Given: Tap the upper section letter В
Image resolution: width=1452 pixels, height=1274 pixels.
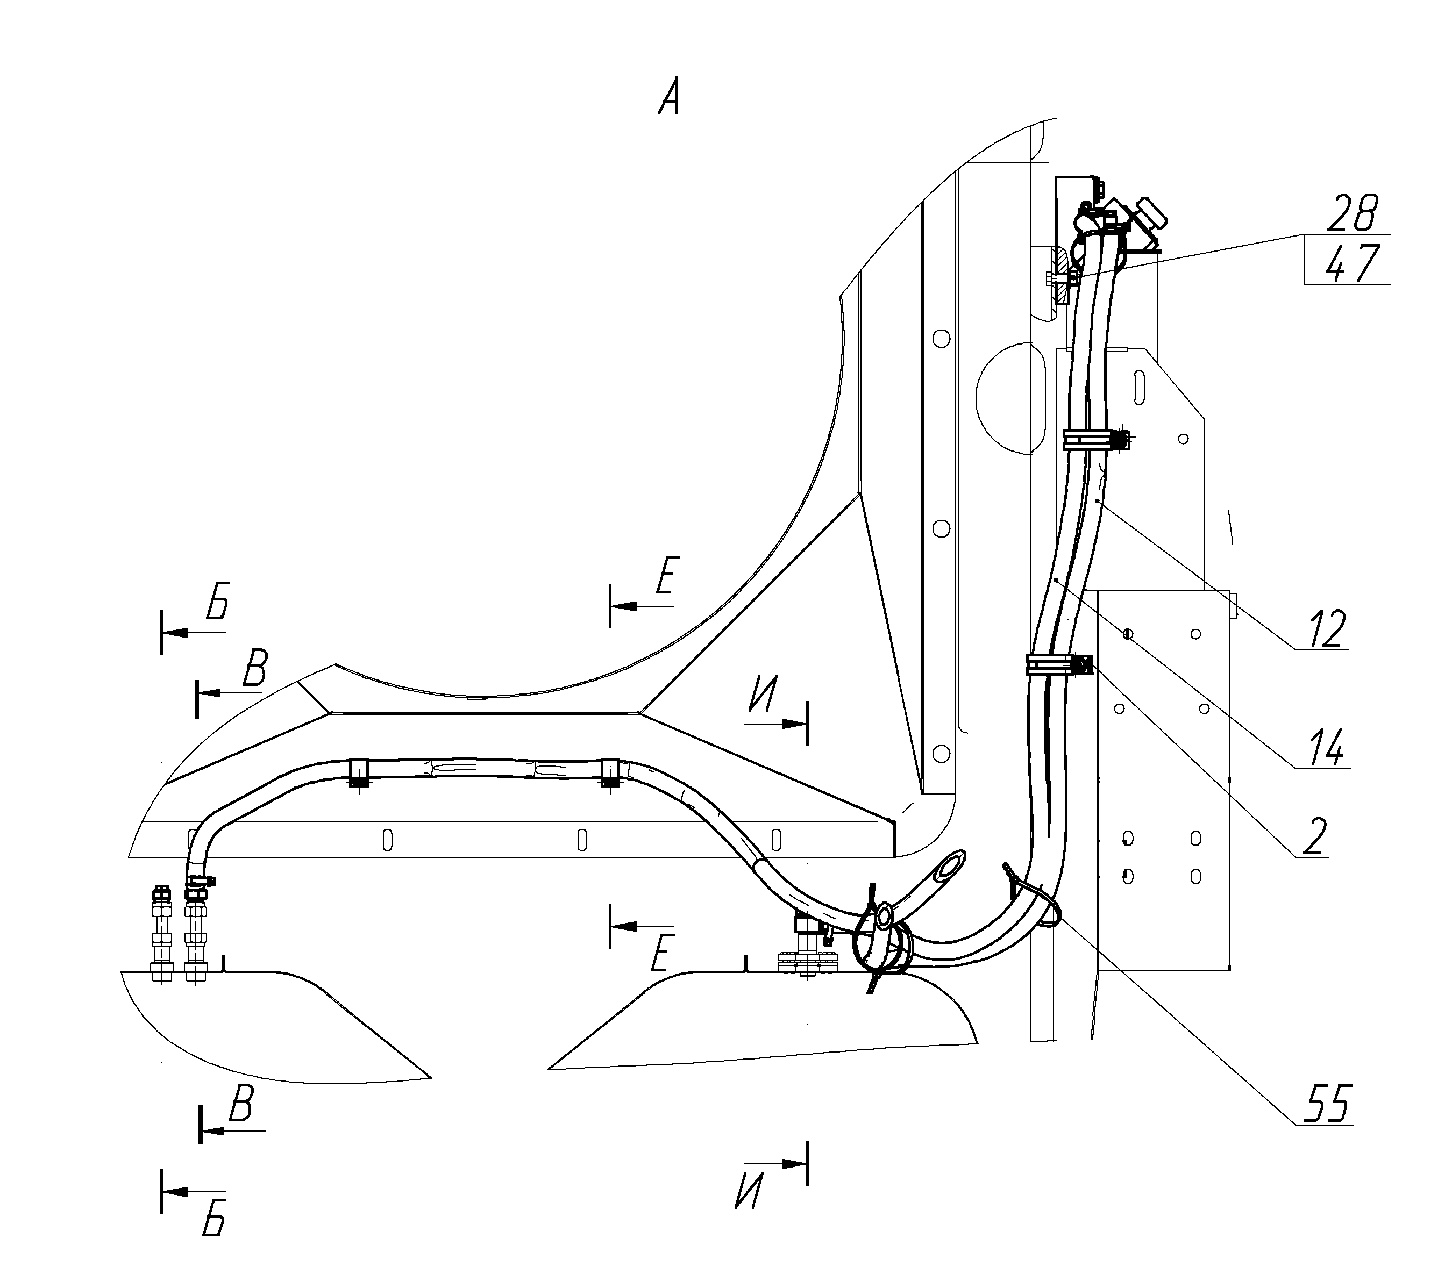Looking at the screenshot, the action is (254, 668).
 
